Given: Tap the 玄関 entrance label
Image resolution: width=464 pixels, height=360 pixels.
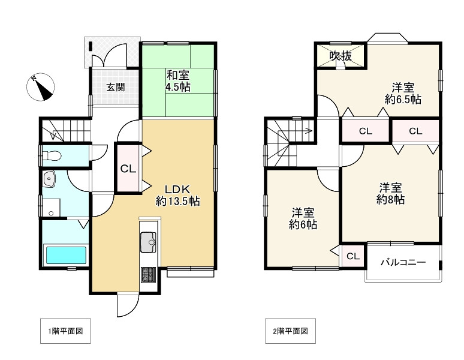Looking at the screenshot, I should tap(116, 86).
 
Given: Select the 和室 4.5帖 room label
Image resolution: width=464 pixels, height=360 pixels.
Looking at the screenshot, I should tap(178, 81).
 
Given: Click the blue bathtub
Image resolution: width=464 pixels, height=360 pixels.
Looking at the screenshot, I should tap(66, 255).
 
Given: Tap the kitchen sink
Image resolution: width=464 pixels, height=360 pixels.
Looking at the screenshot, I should tap(147, 244).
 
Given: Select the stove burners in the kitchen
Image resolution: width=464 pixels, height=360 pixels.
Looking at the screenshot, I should tap(147, 275).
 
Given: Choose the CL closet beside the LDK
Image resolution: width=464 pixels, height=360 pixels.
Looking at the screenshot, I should tap(128, 169).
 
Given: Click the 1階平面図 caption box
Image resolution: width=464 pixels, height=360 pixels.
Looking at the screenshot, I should tap(65, 331).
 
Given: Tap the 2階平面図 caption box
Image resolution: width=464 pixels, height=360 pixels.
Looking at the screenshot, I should tap(290, 331).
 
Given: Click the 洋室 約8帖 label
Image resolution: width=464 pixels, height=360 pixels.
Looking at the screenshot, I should tap(390, 193).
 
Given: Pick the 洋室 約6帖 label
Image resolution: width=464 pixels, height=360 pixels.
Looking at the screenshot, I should tap(303, 219).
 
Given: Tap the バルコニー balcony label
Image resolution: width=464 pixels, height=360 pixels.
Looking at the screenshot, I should tap(403, 262).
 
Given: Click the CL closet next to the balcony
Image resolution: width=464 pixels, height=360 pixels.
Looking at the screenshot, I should tap(352, 256).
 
